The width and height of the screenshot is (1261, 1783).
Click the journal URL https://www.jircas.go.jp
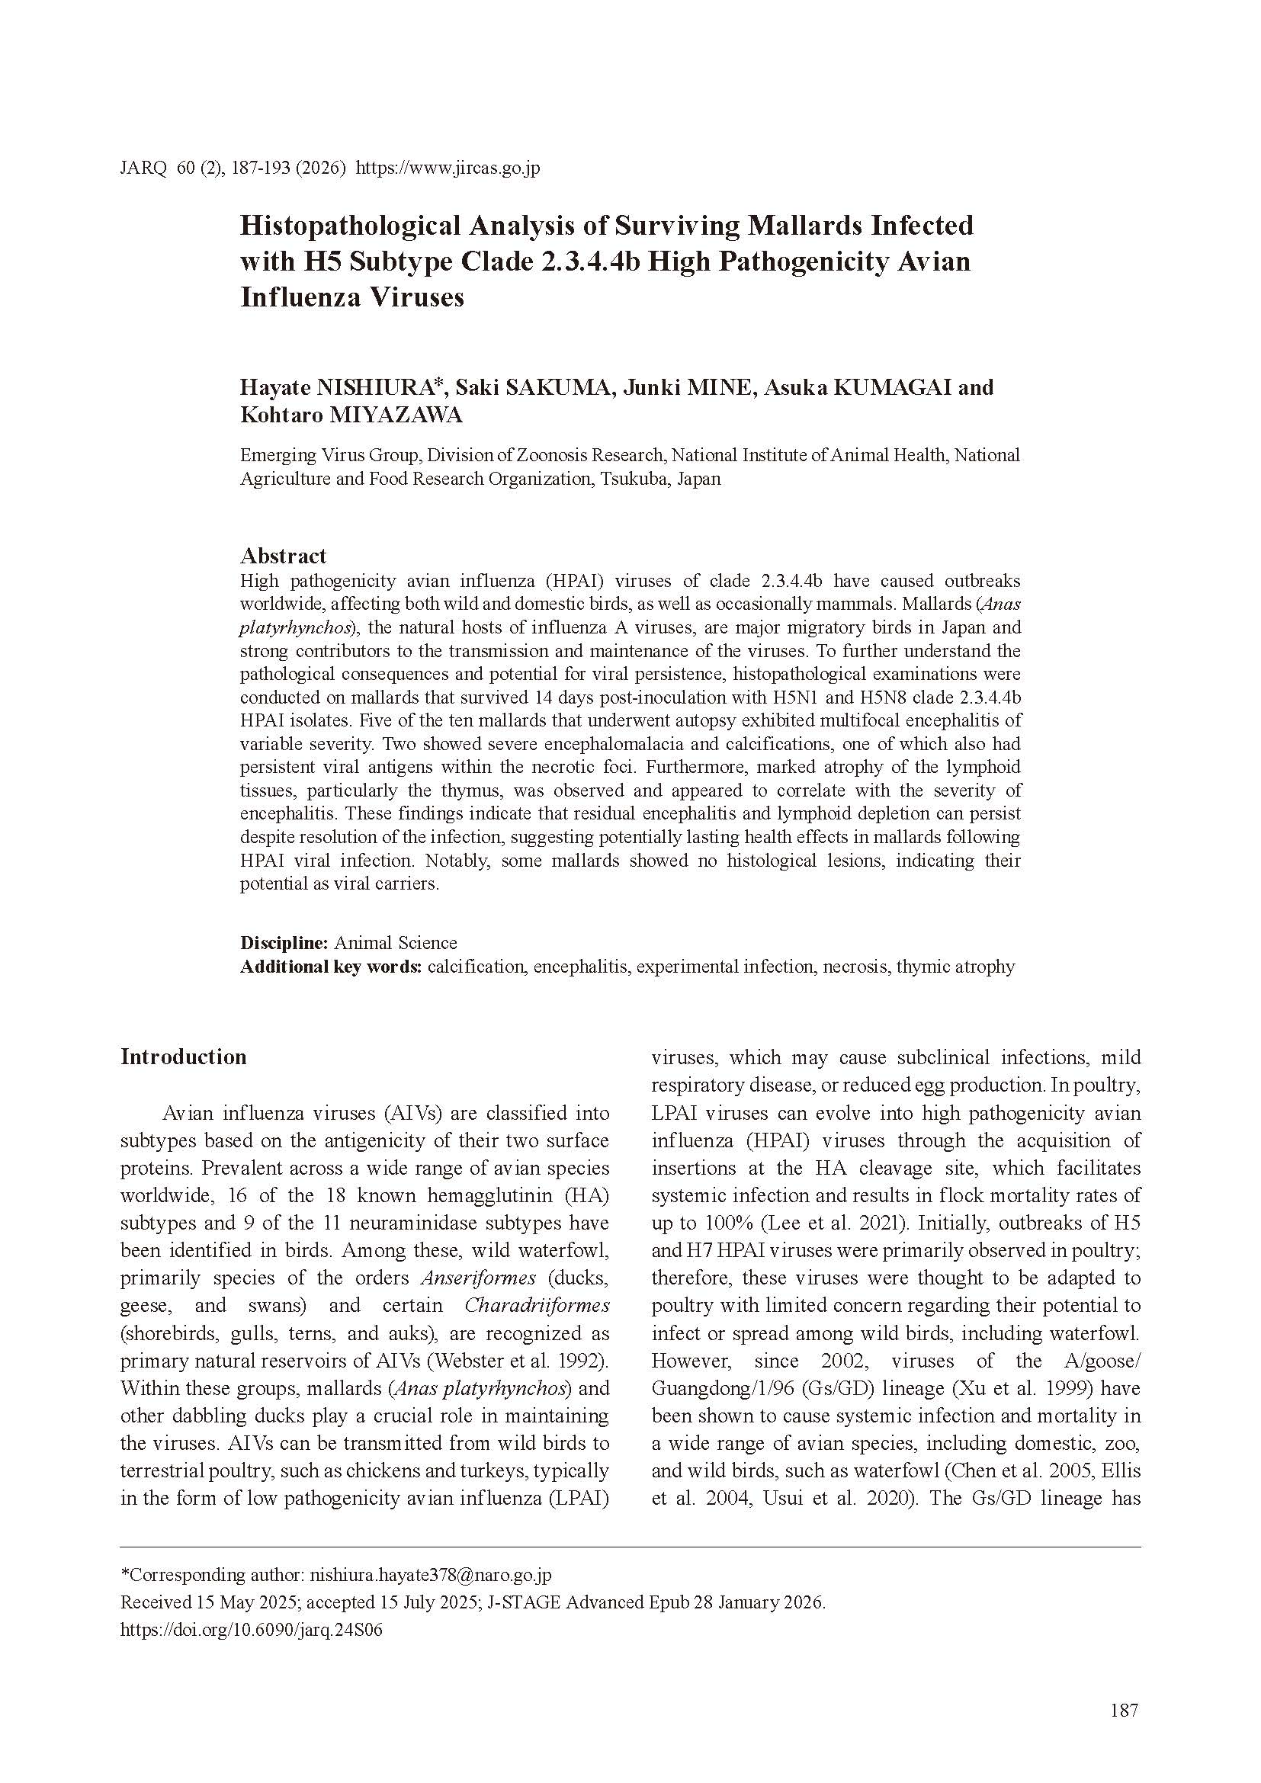point(448,168)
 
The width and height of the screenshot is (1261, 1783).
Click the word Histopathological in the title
point(347,226)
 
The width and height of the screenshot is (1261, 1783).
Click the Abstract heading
point(283,555)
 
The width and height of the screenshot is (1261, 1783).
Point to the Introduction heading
point(183,1057)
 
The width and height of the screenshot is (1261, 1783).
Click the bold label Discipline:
point(284,943)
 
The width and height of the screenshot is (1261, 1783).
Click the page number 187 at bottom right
point(1125,1710)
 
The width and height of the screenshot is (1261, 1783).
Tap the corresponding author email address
point(430,1575)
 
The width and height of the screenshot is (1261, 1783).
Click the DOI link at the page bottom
point(252,1629)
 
